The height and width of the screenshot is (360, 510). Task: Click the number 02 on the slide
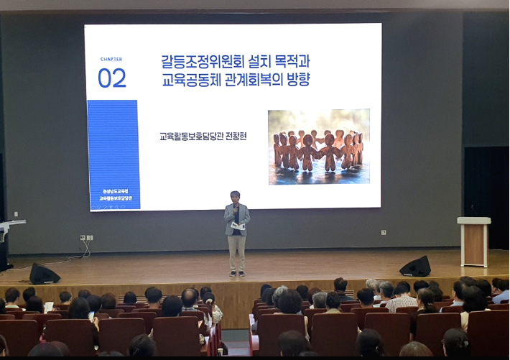click(x=112, y=78)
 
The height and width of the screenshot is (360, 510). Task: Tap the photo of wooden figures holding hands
click(x=319, y=147)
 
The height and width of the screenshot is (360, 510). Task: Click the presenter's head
click(x=236, y=197)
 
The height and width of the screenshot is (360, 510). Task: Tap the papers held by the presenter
click(x=238, y=226)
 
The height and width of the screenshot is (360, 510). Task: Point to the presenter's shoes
click(x=236, y=273)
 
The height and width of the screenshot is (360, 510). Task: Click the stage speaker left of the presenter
click(x=44, y=274)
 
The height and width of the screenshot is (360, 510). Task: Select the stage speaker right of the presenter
click(x=415, y=267)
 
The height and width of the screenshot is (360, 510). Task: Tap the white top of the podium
click(x=474, y=221)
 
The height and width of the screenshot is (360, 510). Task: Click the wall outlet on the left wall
click(x=86, y=237)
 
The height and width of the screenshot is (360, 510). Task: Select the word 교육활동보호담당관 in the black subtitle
click(x=192, y=135)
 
